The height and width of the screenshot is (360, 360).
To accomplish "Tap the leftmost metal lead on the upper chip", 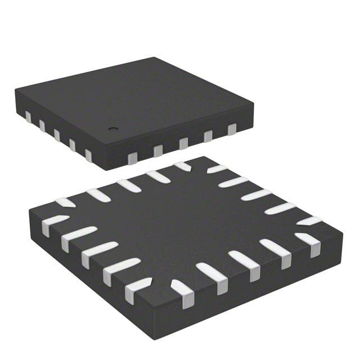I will click(28, 116).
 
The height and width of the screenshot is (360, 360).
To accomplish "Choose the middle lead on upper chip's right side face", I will click(183, 143).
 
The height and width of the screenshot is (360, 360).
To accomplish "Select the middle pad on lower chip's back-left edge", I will click(128, 184).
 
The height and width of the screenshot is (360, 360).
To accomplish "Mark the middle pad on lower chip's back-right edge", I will click(256, 195).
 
